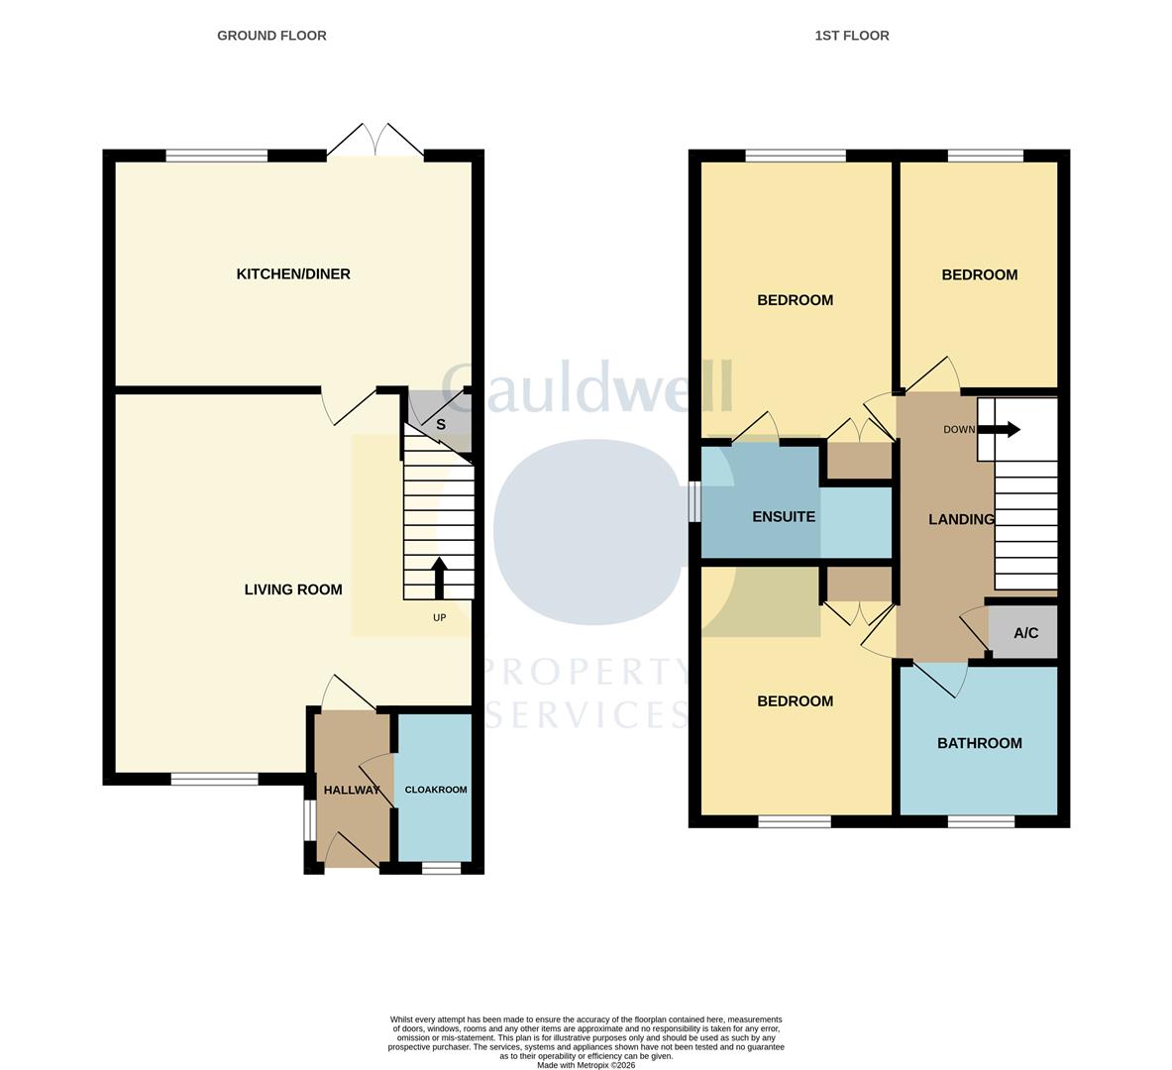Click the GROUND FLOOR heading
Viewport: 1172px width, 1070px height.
point(271,36)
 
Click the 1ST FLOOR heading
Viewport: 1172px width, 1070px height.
point(851,36)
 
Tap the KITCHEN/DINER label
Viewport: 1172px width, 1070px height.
point(293,274)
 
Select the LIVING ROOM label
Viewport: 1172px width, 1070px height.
point(293,589)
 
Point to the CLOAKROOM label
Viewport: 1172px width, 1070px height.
point(435,790)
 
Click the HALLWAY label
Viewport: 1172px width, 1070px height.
point(352,790)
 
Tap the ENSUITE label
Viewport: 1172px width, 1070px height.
point(784,517)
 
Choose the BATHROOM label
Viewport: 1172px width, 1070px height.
point(979,743)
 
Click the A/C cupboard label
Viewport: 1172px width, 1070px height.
point(1025,633)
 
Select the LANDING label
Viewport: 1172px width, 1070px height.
point(961,519)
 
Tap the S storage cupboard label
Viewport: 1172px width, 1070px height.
point(441,425)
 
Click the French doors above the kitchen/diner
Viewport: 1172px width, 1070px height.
point(375,142)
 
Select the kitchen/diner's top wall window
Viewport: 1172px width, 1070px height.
point(216,156)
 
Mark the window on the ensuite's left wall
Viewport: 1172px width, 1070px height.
point(695,500)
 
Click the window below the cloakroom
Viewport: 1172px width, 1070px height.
point(441,869)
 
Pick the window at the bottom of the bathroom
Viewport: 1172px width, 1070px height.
point(980,821)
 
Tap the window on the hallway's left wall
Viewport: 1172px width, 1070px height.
point(309,820)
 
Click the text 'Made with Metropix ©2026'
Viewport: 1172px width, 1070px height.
point(586,1065)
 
